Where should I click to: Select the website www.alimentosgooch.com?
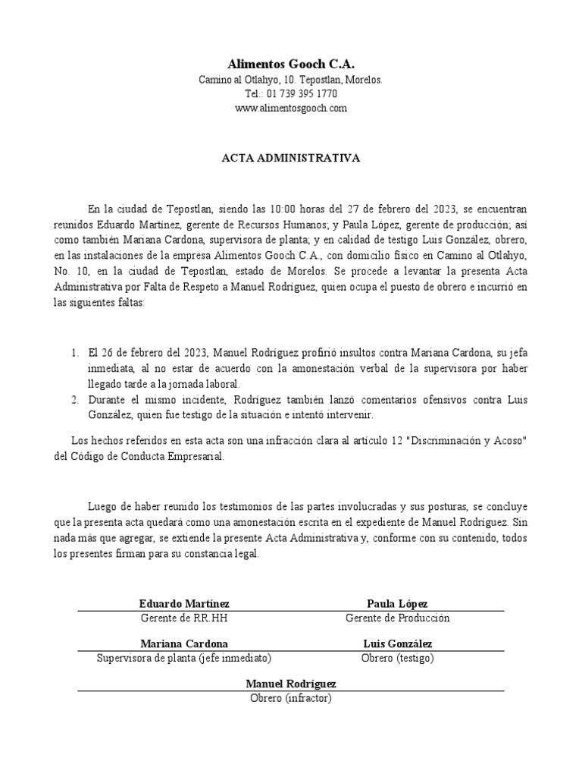coord(291,109)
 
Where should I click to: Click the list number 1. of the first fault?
coord(74,353)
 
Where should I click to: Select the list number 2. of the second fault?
coord(74,399)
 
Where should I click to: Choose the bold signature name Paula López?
coord(397,603)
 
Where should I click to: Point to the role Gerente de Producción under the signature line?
coord(397,618)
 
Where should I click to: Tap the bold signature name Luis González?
coord(397,643)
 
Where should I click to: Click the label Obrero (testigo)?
coord(397,658)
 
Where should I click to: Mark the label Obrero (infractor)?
coord(291,698)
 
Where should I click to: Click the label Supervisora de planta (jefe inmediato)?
coord(184,658)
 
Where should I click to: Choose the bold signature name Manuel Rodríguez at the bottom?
coord(291,684)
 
